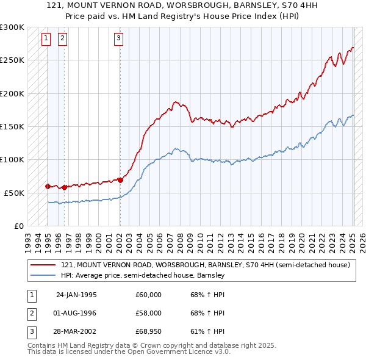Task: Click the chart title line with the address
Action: coord(182,4)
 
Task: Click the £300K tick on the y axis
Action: coord(12,27)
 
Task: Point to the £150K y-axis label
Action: coord(12,126)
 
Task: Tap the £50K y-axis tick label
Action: coord(14,193)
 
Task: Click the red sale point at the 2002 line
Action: coord(120,180)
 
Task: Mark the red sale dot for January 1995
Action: coord(48,185)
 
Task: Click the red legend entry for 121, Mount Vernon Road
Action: coord(205,265)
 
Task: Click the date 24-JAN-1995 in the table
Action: coord(76,295)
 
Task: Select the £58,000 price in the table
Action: coord(148,313)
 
